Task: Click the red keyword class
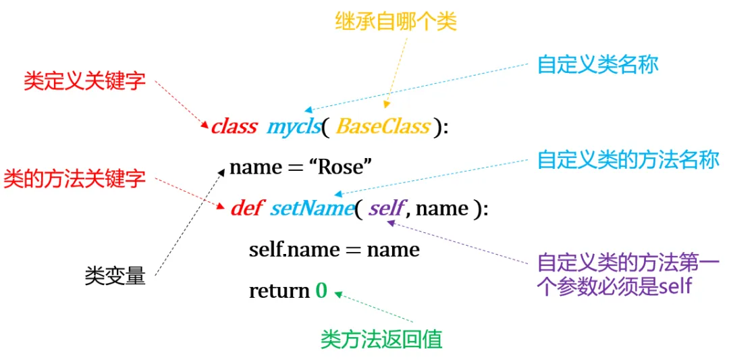pyautogui.click(x=234, y=126)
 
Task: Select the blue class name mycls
pyautogui.click(x=294, y=126)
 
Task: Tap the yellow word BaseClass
pyautogui.click(x=383, y=126)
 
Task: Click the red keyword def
pyautogui.click(x=246, y=208)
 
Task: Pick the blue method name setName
pyautogui.click(x=312, y=208)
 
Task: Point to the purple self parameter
pyautogui.click(x=387, y=208)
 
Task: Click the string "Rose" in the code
pyautogui.click(x=340, y=167)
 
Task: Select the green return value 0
pyautogui.click(x=321, y=291)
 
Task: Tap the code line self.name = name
pyautogui.click(x=334, y=250)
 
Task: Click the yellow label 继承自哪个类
pyautogui.click(x=396, y=22)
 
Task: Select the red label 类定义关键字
pyautogui.click(x=84, y=82)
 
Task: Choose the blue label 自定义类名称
pyautogui.click(x=597, y=65)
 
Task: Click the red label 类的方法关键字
pyautogui.click(x=74, y=179)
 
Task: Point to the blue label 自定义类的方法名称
pyautogui.click(x=628, y=160)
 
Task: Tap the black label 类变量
pyautogui.click(x=115, y=276)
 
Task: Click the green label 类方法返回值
pyautogui.click(x=381, y=338)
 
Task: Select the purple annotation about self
pyautogui.click(x=628, y=274)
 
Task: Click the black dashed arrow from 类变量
pyautogui.click(x=189, y=223)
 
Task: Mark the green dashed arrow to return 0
pyautogui.click(x=375, y=307)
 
